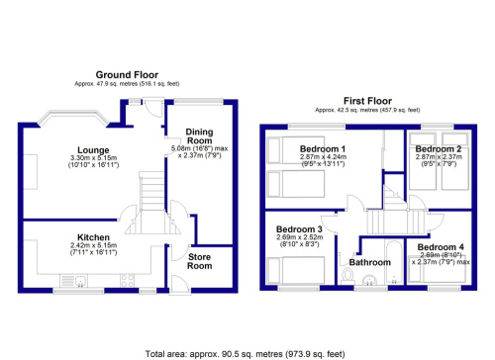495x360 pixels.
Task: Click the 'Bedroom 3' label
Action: click(298, 228)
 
